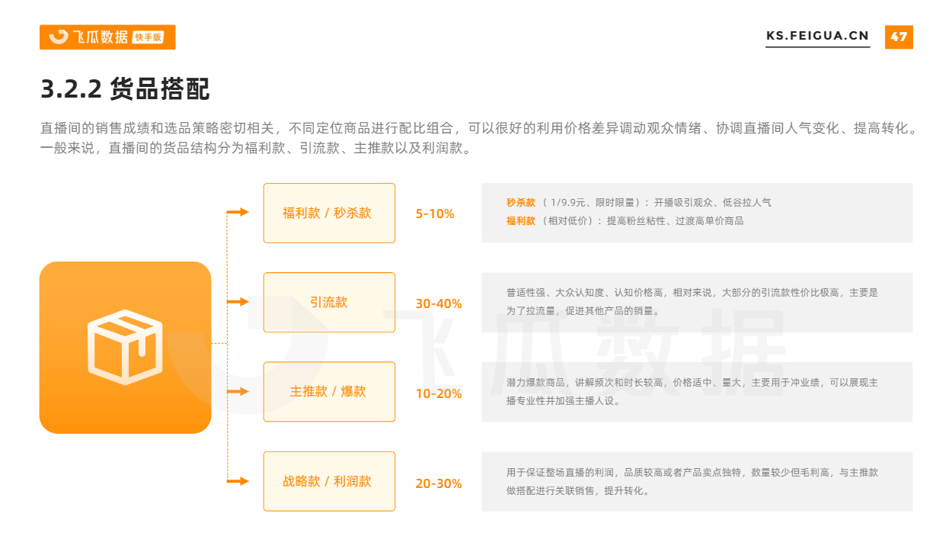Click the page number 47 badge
(899, 37)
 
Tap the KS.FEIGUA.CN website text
(817, 36)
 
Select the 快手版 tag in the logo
(148, 37)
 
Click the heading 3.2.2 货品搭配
(125, 89)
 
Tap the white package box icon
(125, 347)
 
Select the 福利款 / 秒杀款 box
(329, 213)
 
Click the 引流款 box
(329, 303)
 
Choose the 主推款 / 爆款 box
(329, 392)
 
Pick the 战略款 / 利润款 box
(329, 481)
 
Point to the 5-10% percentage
(434, 213)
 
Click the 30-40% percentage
(438, 303)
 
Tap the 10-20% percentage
(438, 393)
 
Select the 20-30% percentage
(438, 483)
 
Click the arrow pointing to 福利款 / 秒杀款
(238, 212)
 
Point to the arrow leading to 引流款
(238, 302)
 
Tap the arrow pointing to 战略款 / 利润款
(238, 481)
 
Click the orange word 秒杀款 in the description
(521, 203)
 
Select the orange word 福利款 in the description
(521, 221)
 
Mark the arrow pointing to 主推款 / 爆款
(238, 391)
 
